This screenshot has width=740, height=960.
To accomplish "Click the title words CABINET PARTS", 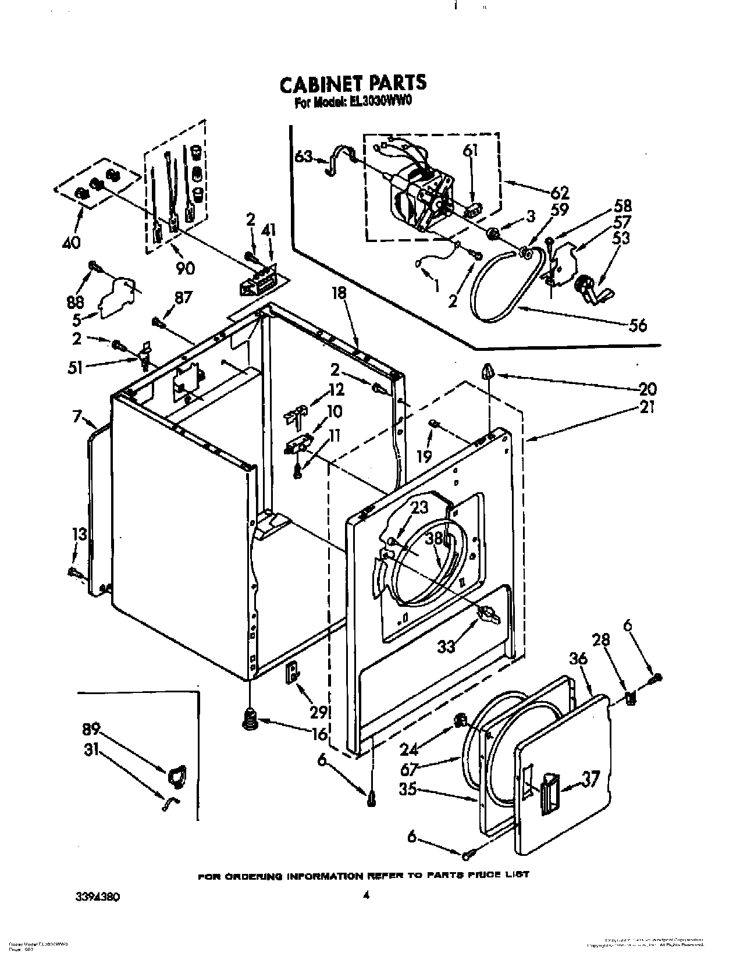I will [353, 83].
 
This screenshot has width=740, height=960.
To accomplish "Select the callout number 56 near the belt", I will [638, 325].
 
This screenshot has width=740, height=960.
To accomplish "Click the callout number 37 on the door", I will [590, 778].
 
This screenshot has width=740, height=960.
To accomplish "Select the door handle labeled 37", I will [549, 794].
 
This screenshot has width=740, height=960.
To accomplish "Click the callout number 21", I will [646, 408].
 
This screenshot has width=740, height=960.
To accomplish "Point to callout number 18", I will [339, 293].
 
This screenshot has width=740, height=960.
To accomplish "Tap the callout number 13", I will [79, 534].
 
